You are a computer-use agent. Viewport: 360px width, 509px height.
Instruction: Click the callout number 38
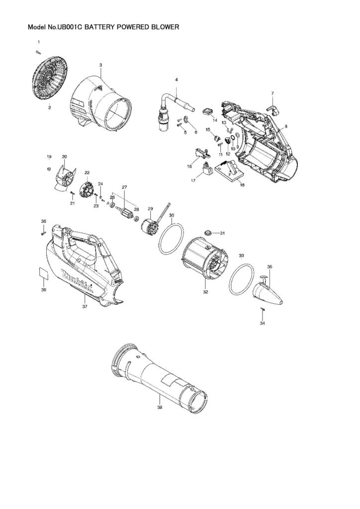tap(159, 407)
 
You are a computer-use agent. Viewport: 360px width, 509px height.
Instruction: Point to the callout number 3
tap(101, 65)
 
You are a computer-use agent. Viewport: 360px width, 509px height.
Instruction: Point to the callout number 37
tap(85, 307)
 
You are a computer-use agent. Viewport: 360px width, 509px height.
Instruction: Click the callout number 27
tap(125, 187)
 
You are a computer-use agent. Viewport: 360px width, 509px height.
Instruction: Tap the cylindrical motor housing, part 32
tap(203, 258)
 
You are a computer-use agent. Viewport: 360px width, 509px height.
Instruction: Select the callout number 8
tap(286, 127)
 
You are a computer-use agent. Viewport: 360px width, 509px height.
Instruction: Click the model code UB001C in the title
tap(70, 28)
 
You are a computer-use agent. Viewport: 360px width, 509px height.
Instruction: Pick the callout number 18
tap(242, 185)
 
